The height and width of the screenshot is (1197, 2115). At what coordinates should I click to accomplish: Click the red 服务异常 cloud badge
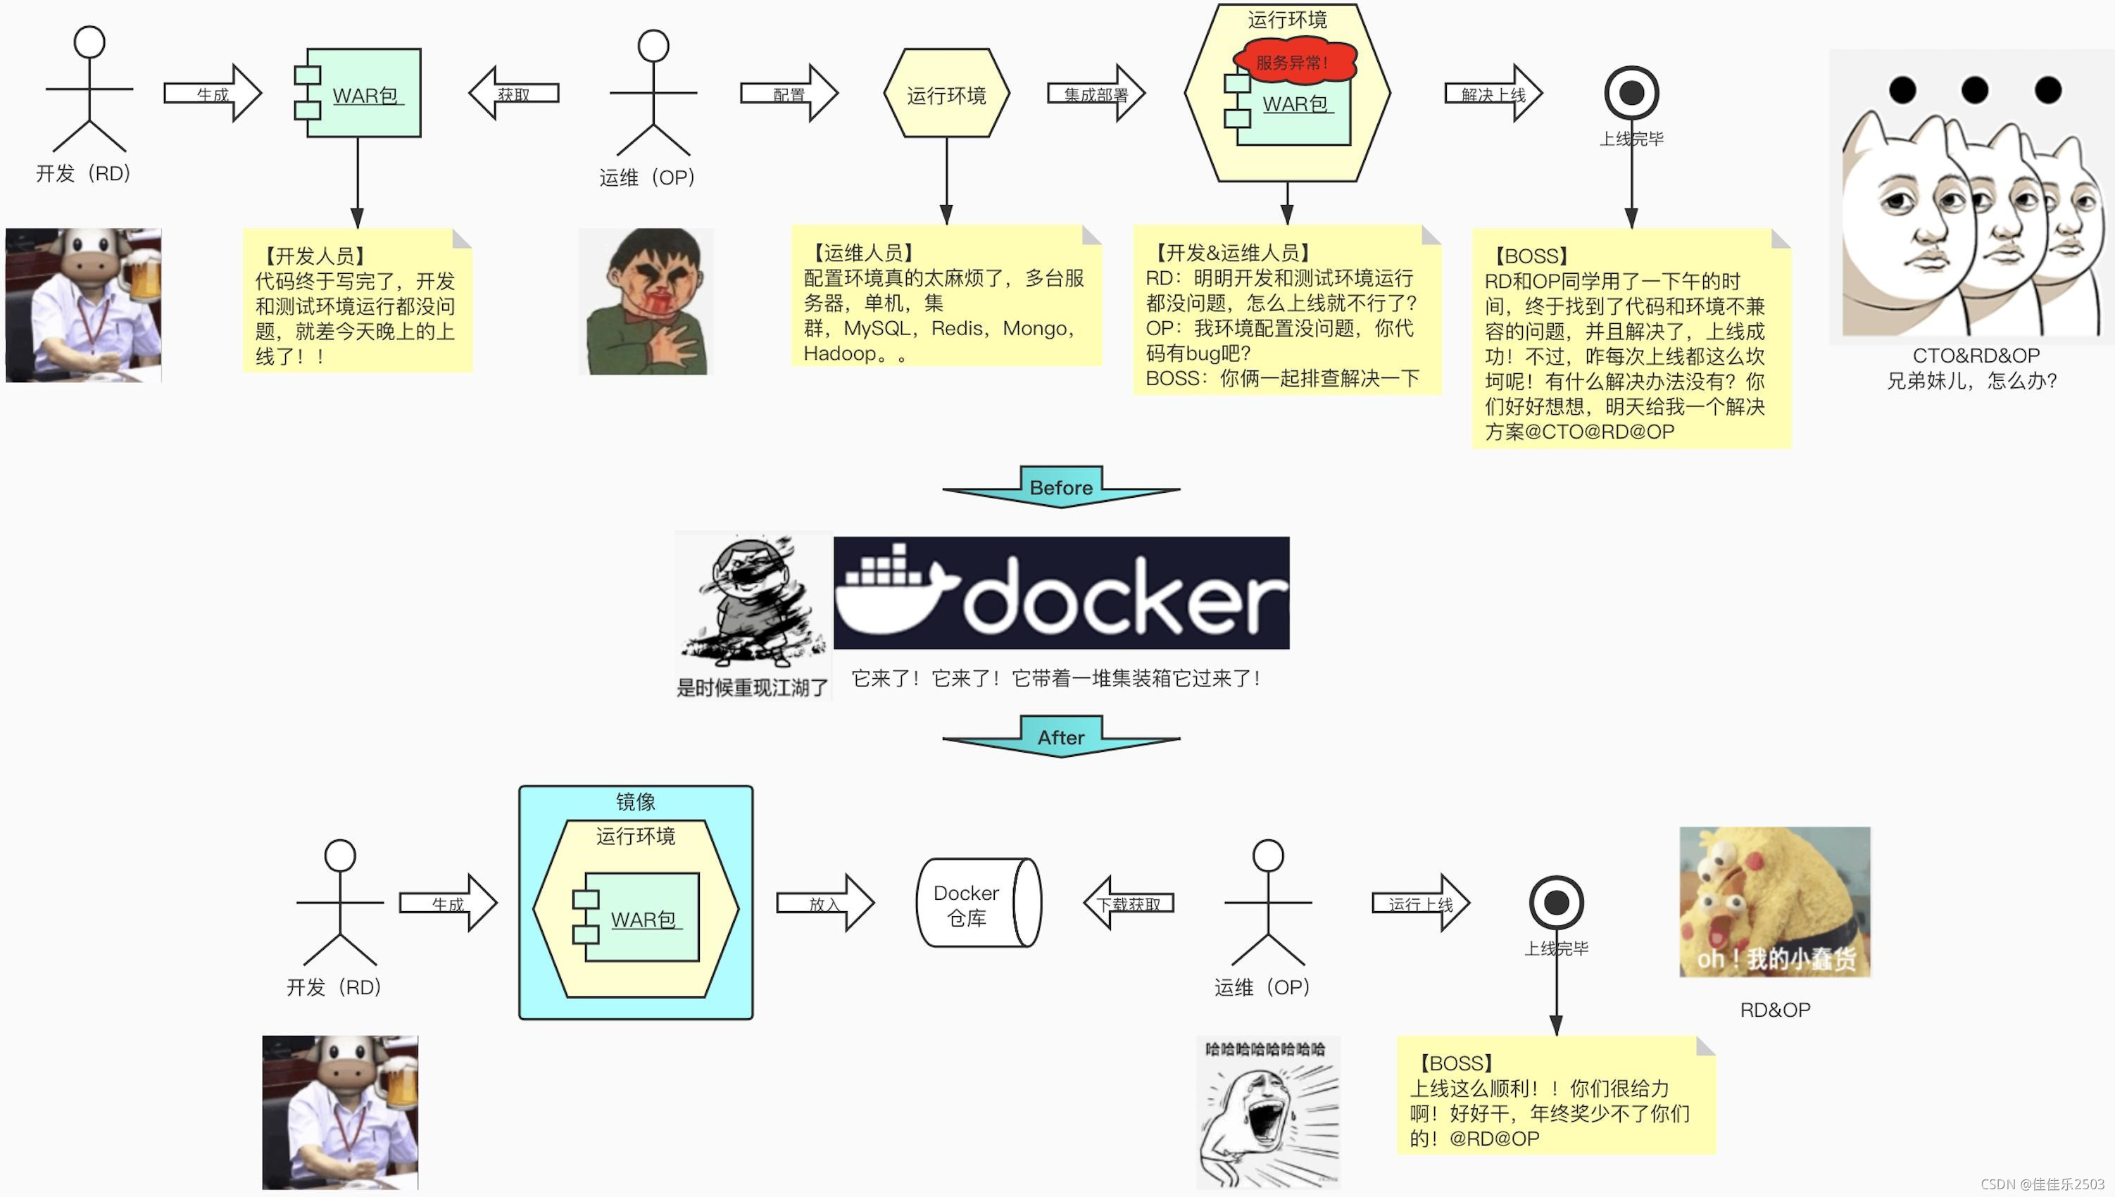[x=1292, y=63]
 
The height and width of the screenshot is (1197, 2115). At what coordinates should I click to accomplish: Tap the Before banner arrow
[x=1060, y=487]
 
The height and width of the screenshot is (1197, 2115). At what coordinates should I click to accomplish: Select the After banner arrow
[x=1060, y=737]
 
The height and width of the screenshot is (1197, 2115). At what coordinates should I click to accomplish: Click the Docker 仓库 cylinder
[x=978, y=903]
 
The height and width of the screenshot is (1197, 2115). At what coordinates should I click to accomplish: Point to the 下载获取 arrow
[x=1129, y=903]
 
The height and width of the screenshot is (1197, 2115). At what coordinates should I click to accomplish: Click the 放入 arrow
[x=825, y=903]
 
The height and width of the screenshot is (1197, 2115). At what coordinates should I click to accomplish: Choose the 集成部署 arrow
[x=1096, y=94]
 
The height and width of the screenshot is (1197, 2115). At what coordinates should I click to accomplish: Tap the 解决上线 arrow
[x=1493, y=94]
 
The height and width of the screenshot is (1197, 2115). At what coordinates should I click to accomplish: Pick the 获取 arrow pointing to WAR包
[x=514, y=94]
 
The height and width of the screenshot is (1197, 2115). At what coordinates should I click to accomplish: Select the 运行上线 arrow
[x=1420, y=903]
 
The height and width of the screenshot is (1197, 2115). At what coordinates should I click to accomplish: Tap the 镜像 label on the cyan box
[x=635, y=801]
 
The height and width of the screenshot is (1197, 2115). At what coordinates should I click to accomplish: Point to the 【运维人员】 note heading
[x=863, y=252]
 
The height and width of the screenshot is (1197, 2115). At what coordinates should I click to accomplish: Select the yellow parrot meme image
[x=1774, y=902]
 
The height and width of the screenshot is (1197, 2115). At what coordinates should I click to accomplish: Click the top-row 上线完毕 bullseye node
[x=1631, y=93]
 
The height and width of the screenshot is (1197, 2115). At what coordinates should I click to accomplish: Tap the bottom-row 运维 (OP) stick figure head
[x=1267, y=856]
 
